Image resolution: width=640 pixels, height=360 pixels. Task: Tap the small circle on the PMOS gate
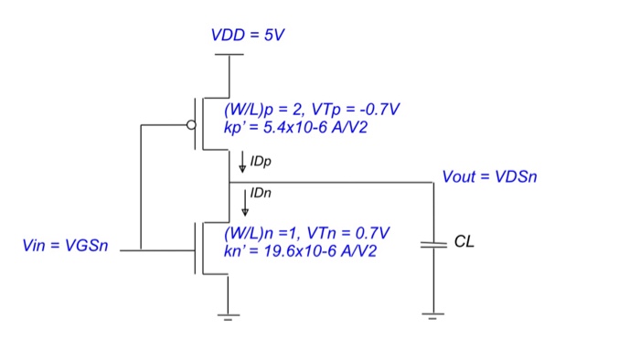[192, 125]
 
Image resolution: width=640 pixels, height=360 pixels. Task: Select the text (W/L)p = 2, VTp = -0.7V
[312, 110]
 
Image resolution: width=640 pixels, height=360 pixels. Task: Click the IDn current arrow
[244, 201]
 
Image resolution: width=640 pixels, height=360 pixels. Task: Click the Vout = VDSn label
[489, 176]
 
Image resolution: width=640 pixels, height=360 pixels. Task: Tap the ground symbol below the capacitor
[433, 316]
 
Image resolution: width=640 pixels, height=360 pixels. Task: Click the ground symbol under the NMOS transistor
[228, 316]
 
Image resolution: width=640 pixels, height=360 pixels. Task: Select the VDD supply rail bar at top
[228, 55]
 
